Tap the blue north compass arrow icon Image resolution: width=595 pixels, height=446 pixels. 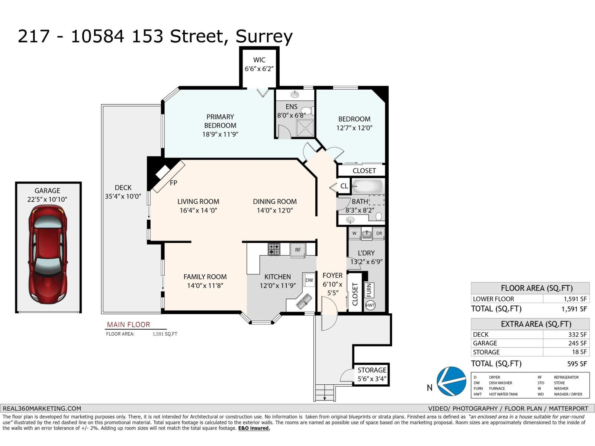(451, 381)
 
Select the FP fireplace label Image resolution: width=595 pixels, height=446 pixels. (173, 183)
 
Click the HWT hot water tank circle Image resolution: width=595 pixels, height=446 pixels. (370, 306)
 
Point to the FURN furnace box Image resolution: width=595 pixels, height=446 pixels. (369, 290)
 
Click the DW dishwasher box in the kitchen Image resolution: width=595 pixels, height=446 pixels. (309, 280)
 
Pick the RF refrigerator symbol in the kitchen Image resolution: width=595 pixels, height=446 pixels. (298, 250)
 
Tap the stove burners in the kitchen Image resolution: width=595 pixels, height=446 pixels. (274, 249)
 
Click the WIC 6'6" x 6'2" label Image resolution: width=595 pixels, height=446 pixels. (259, 64)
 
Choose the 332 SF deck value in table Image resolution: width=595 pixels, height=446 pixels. (577, 334)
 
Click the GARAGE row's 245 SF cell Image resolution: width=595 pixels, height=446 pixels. (577, 343)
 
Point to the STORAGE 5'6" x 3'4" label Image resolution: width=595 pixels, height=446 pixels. (372, 375)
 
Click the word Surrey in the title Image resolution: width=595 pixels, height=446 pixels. (264, 36)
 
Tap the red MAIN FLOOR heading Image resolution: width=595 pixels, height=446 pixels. (128, 324)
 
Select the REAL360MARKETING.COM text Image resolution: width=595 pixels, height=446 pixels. (42, 408)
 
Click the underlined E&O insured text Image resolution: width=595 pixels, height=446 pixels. (254, 428)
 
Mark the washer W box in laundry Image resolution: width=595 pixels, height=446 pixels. (354, 233)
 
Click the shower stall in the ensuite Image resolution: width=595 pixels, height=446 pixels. (305, 128)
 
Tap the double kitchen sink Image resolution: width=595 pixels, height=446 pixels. (304, 301)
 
